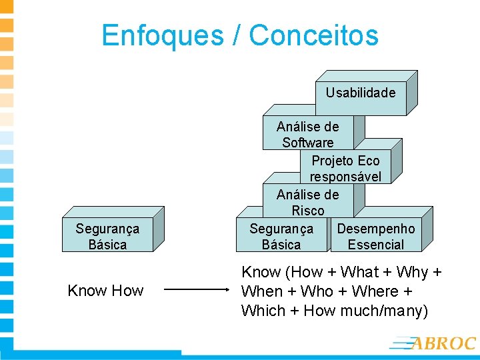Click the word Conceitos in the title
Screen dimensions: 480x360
tap(314, 35)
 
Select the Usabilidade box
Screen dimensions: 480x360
tap(361, 93)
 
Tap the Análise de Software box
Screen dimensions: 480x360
tap(307, 134)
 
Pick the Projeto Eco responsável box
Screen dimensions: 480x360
tap(345, 168)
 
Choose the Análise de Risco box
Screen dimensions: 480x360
tap(307, 202)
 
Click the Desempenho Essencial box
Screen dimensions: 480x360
tap(376, 236)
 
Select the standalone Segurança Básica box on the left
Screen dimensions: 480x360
tap(107, 236)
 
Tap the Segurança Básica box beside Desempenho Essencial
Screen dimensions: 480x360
tap(281, 236)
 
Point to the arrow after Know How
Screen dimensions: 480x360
tap(197, 290)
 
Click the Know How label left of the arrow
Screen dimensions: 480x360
tap(105, 290)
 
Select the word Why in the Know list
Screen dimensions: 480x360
tap(412, 273)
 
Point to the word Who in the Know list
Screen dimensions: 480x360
tap(317, 291)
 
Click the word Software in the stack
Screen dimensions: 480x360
tap(307, 142)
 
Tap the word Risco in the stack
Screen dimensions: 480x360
tap(307, 210)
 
